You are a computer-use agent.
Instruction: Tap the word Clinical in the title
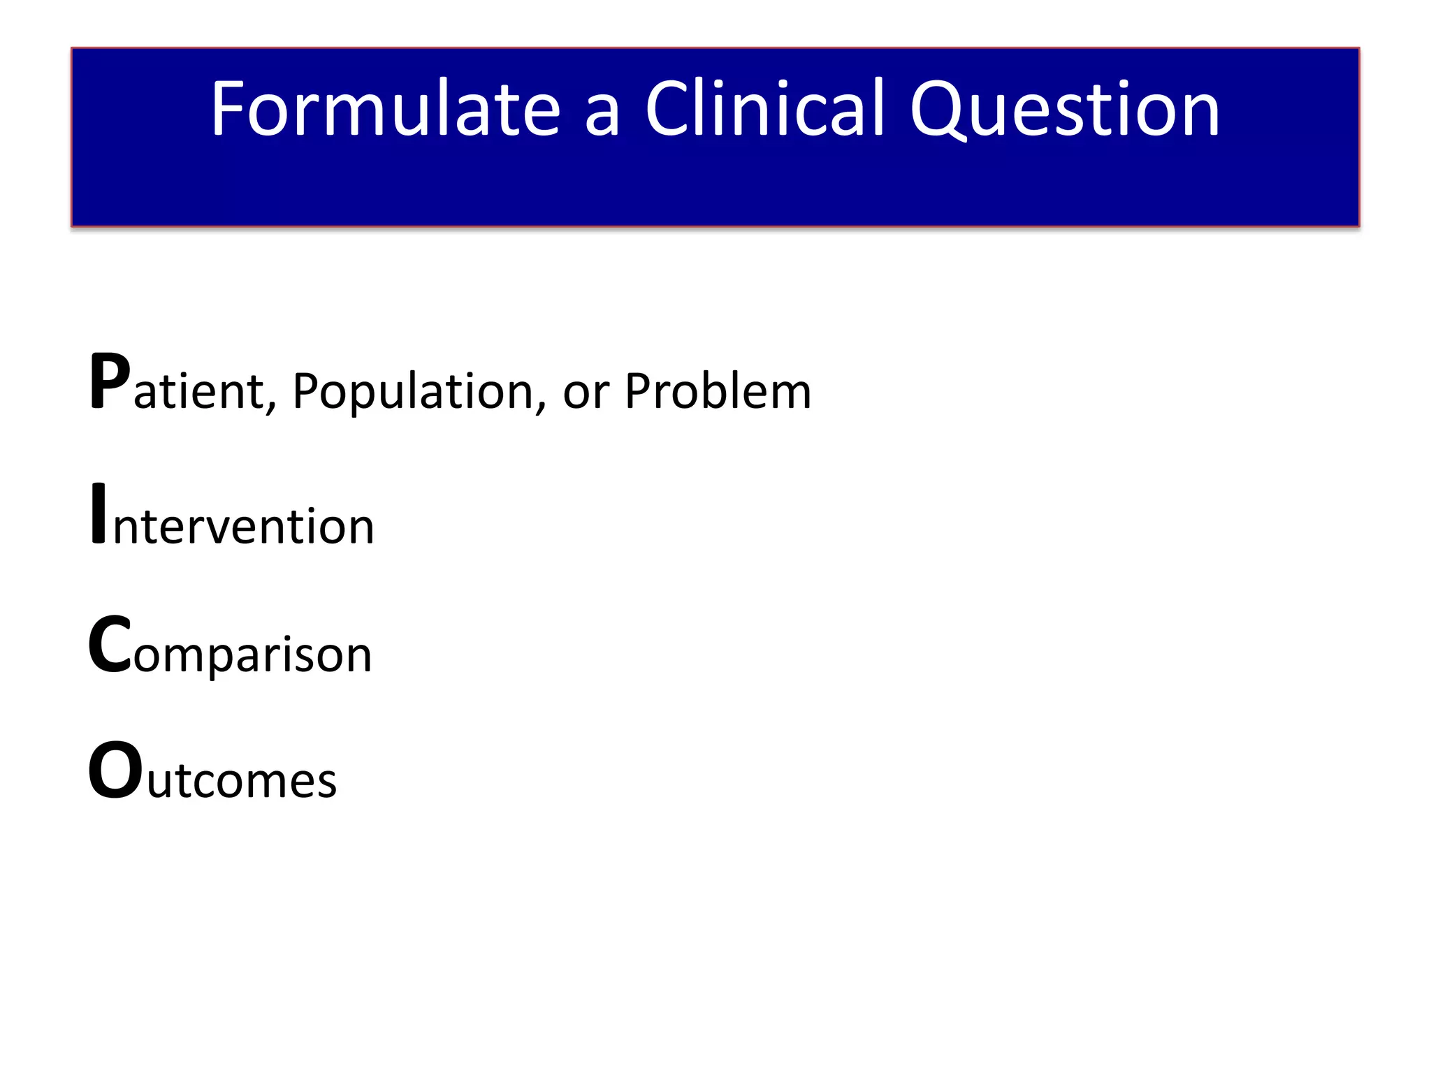[x=765, y=109]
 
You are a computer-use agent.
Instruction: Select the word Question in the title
[x=1065, y=109]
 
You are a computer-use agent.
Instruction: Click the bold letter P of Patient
[x=110, y=381]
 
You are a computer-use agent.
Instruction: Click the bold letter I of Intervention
[x=99, y=513]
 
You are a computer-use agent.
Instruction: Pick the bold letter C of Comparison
[x=110, y=645]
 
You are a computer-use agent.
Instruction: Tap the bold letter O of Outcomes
[x=116, y=771]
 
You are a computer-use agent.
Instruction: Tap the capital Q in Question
[x=940, y=110]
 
